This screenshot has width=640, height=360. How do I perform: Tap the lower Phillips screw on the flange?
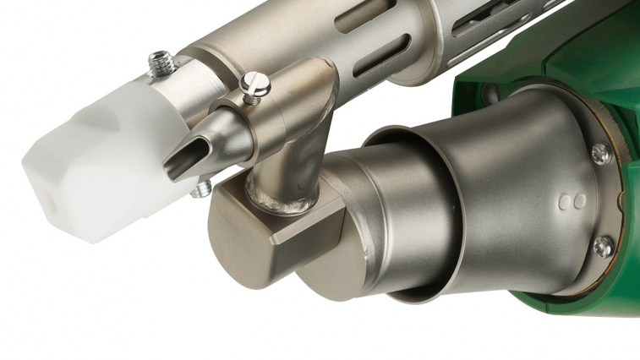602,246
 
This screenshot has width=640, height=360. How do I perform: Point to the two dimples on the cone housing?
573,202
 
